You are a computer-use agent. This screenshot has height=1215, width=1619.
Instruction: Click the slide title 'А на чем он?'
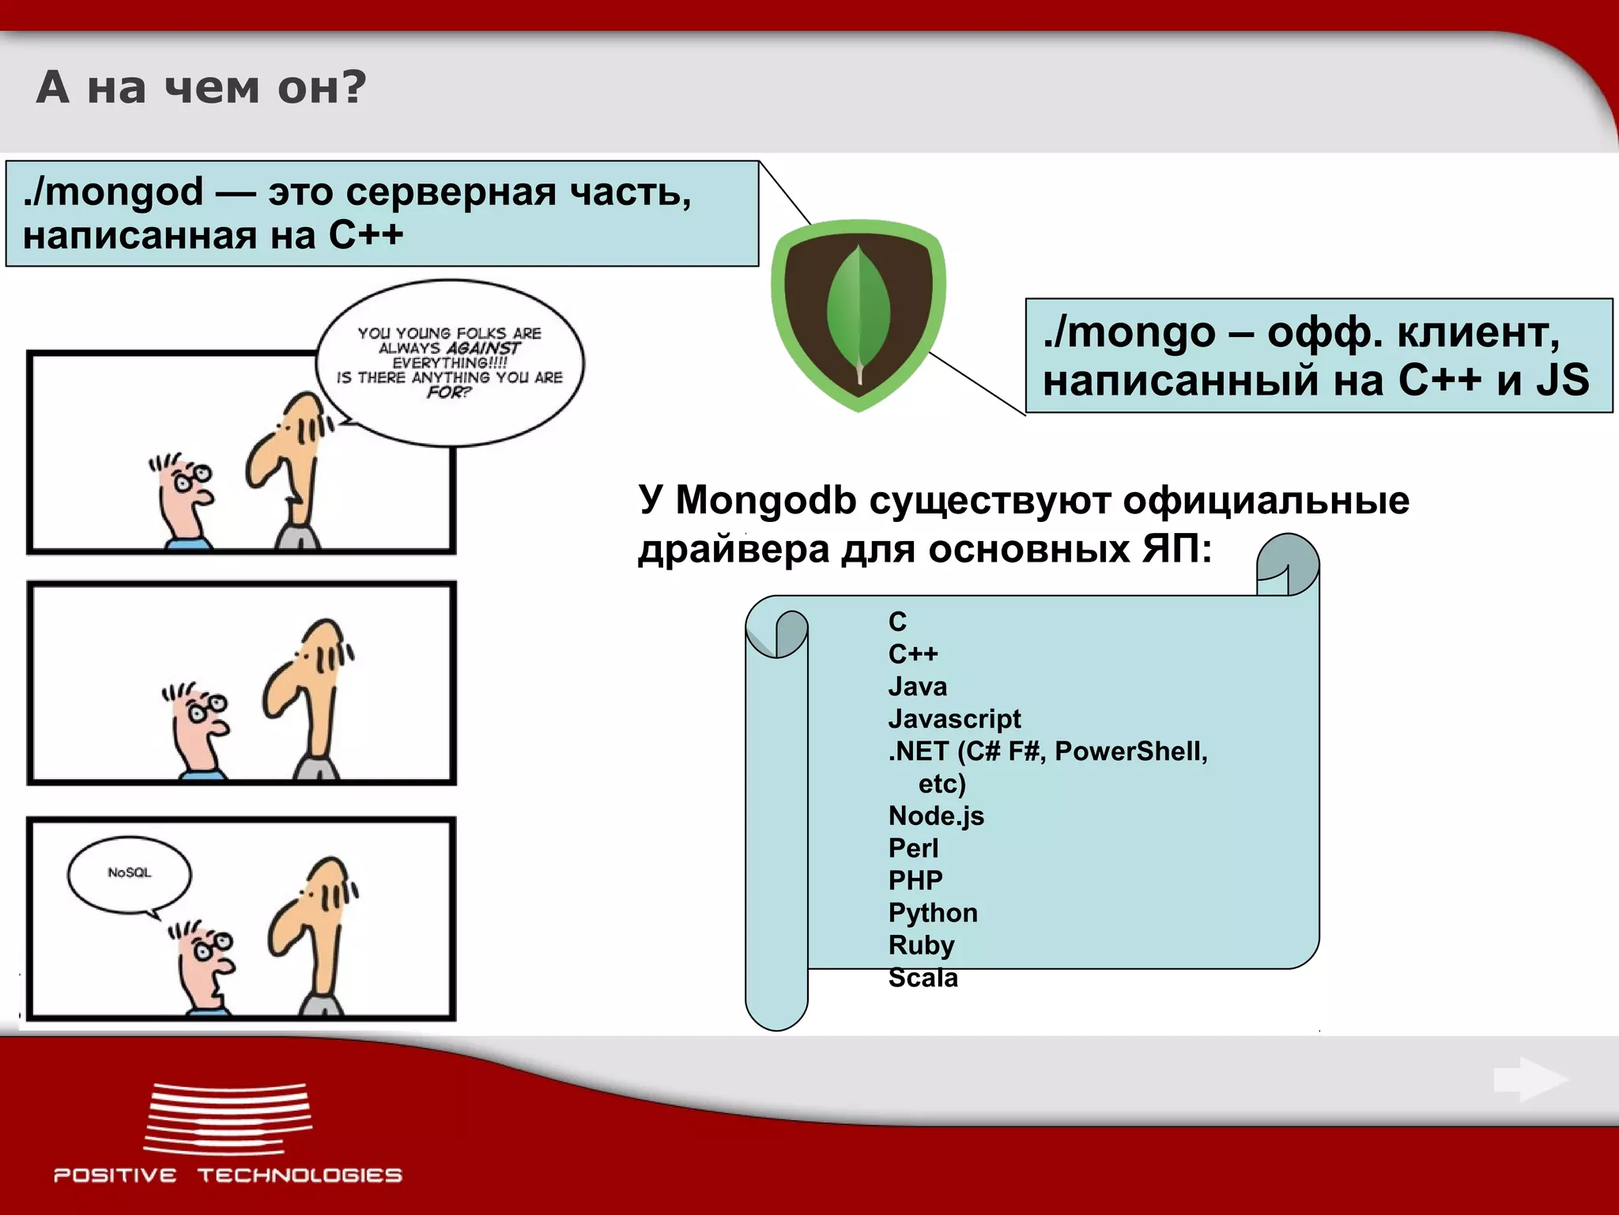[202, 87]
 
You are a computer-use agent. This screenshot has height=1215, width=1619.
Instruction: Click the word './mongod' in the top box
[114, 192]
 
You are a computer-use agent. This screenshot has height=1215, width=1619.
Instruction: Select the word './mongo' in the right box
[1129, 332]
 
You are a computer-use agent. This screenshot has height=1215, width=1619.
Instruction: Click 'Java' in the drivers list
[917, 687]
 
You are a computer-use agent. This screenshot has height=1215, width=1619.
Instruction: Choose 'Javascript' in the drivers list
[954, 719]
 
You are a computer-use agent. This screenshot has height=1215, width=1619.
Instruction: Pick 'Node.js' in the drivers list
[936, 816]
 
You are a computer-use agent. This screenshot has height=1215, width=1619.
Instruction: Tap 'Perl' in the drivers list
[913, 848]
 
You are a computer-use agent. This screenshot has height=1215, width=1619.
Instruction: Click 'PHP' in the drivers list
[915, 880]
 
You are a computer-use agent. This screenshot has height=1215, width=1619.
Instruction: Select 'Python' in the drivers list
[933, 913]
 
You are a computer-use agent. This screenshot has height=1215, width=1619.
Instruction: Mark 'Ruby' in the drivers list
[921, 945]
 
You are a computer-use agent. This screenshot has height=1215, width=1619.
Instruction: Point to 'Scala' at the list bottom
[923, 978]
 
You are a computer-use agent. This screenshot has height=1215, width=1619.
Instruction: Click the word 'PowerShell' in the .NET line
[1130, 751]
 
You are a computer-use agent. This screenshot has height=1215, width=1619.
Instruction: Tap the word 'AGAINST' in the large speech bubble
[483, 348]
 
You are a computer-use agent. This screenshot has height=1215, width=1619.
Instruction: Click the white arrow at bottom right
[1530, 1079]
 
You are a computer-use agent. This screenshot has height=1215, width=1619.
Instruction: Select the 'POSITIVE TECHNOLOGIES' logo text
[228, 1175]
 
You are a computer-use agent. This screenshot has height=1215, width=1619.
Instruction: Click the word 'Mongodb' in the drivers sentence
[765, 501]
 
